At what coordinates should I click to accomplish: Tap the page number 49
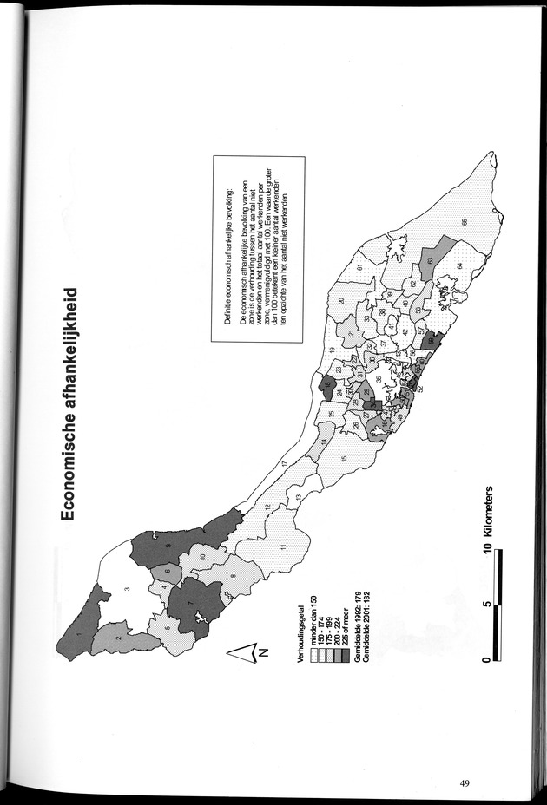(x=465, y=783)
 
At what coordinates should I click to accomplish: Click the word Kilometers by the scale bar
(x=492, y=517)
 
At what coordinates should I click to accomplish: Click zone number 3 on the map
(x=127, y=589)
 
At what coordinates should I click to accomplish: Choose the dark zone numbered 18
(x=328, y=385)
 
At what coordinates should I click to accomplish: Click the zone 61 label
(x=358, y=265)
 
